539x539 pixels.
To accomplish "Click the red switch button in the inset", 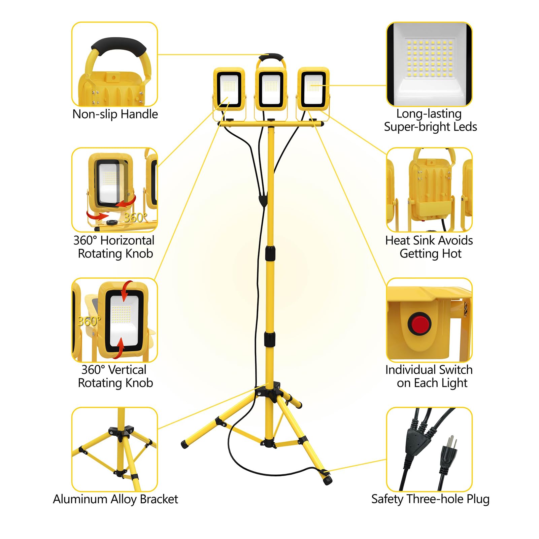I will [x=419, y=323].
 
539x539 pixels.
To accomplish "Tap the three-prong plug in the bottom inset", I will [x=448, y=454].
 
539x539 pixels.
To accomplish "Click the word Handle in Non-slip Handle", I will [x=139, y=114].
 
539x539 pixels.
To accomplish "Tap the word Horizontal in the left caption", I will [x=127, y=240].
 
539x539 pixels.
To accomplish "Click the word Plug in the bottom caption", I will [x=478, y=499].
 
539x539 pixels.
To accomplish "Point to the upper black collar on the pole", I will [x=270, y=253].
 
